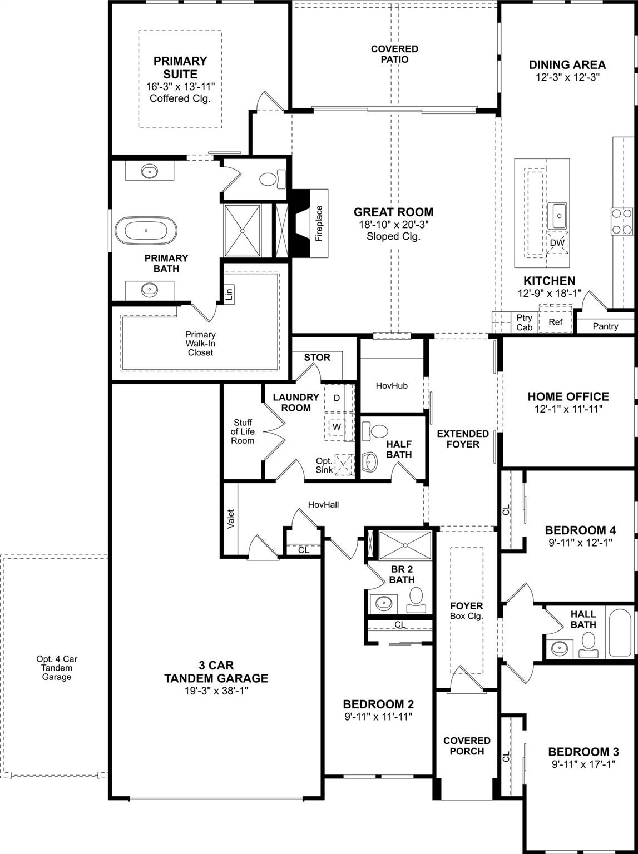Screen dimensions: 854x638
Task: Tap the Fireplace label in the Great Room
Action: point(319,224)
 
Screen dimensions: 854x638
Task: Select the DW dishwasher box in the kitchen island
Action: point(557,243)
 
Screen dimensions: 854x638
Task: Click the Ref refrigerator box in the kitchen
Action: point(555,322)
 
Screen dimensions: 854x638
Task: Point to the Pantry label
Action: point(605,326)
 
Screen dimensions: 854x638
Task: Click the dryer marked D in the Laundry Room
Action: point(337,398)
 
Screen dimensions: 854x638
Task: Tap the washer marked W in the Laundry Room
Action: point(337,427)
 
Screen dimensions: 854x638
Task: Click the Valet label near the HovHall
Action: point(231,519)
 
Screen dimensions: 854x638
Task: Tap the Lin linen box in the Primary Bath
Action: point(229,293)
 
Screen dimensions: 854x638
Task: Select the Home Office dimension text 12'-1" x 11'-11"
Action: point(568,409)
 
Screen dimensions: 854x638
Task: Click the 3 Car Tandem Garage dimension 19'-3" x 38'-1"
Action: point(216,691)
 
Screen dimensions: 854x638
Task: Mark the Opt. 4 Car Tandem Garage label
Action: point(57,668)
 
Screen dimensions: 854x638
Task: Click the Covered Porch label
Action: point(467,746)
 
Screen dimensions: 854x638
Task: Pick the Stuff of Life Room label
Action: point(243,431)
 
